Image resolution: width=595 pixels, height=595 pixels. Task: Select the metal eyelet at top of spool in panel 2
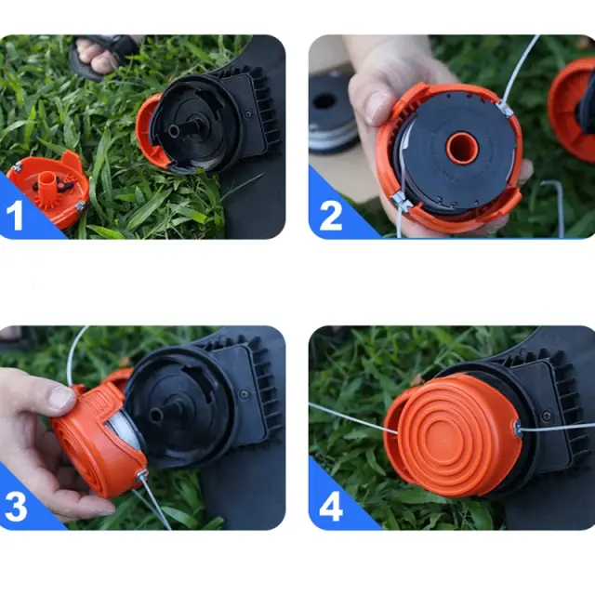coord(505,109)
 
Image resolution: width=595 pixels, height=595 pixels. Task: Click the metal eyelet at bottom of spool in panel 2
coord(403,201)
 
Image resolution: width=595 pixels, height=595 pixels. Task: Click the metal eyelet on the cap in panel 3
coord(142,474)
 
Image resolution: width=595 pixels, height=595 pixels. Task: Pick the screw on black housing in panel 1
coord(248,113)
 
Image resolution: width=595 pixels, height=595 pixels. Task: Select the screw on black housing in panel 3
coord(244,394)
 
